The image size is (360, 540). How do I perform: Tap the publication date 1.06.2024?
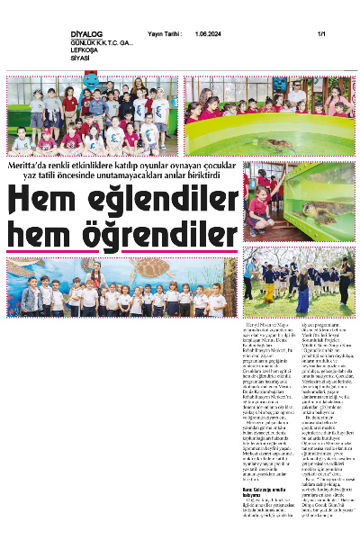[x=208, y=33]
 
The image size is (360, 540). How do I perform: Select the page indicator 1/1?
[x=320, y=33]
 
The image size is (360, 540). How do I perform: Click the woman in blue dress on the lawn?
[x=302, y=288]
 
